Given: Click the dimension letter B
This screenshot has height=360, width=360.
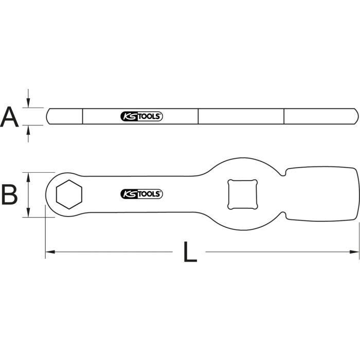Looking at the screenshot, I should pyautogui.click(x=10, y=194).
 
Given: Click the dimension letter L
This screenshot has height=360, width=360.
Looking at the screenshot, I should pyautogui.click(x=190, y=252).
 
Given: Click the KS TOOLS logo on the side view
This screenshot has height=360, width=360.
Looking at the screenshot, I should pyautogui.click(x=141, y=117).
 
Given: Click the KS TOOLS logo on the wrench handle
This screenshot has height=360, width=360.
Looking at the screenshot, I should pyautogui.click(x=141, y=194).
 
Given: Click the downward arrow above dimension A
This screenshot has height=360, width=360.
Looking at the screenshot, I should pyautogui.click(x=29, y=103).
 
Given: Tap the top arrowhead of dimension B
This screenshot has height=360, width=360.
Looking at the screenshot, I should pyautogui.click(x=29, y=176).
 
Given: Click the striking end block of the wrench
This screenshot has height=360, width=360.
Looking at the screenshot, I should pyautogui.click(x=321, y=194).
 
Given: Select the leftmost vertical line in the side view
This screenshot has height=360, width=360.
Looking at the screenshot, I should pyautogui.click(x=83, y=116).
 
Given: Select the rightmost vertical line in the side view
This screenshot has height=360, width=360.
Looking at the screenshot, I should pyautogui.click(x=284, y=116).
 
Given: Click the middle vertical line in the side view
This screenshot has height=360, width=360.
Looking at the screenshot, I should pyautogui.click(x=198, y=116).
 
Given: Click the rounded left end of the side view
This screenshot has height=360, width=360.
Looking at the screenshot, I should pyautogui.click(x=48, y=116).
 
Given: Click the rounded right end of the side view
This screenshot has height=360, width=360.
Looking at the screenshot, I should pyautogui.click(x=356, y=116).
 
